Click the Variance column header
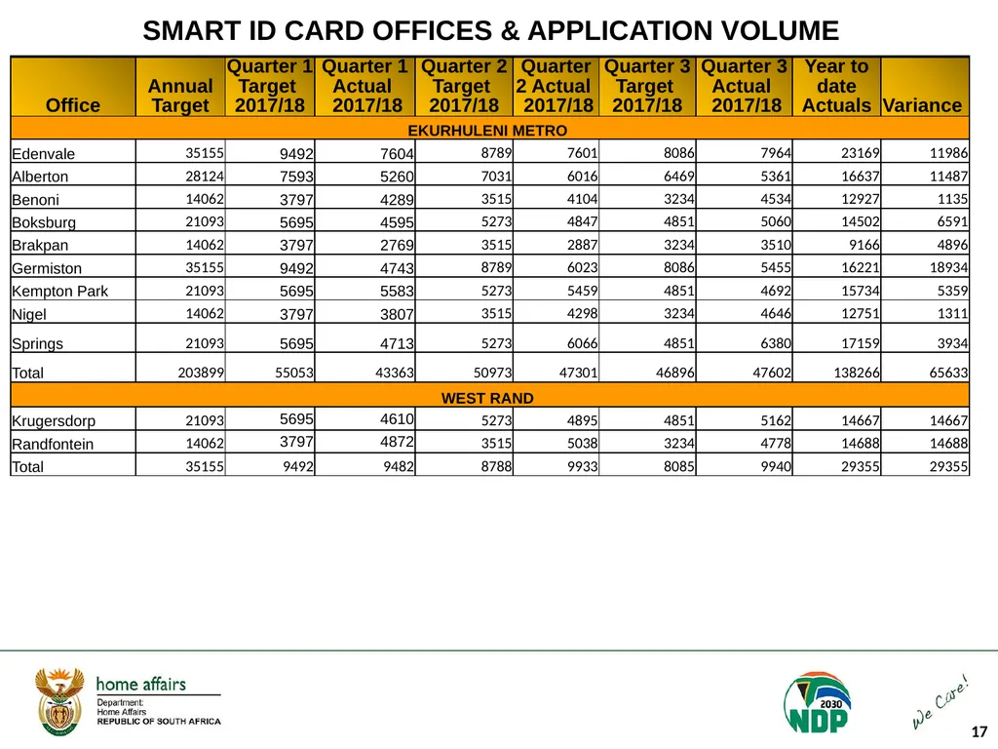pos(922,105)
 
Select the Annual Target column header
pos(180,96)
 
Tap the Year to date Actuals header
pos(836,86)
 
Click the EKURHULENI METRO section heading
pos(487,131)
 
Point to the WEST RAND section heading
pos(487,398)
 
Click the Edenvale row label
pos(43,153)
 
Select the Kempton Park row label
pos(59,291)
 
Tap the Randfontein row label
pos(53,444)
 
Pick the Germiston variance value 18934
pos(948,267)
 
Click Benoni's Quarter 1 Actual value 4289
pos(397,199)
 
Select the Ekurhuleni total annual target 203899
pos(201,373)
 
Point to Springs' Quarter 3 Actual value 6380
pos(775,343)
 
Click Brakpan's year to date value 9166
pos(864,245)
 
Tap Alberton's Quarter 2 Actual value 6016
pos(583,177)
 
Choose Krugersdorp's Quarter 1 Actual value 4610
pos(397,419)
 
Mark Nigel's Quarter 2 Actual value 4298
pos(583,313)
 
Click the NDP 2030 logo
pos(818,702)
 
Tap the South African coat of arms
pos(59,701)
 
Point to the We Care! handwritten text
pos(940,702)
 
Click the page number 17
pos(979,731)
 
